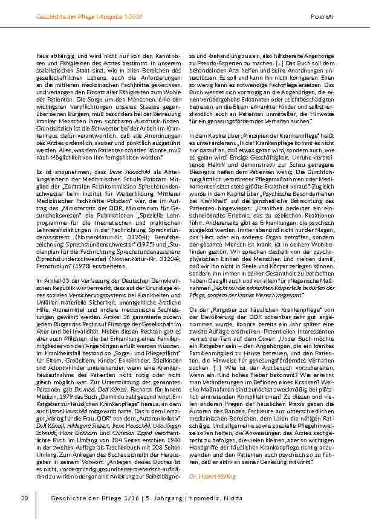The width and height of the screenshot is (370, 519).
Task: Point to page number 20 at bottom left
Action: coord(25,497)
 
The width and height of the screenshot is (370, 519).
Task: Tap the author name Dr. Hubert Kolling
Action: coord(208,477)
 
